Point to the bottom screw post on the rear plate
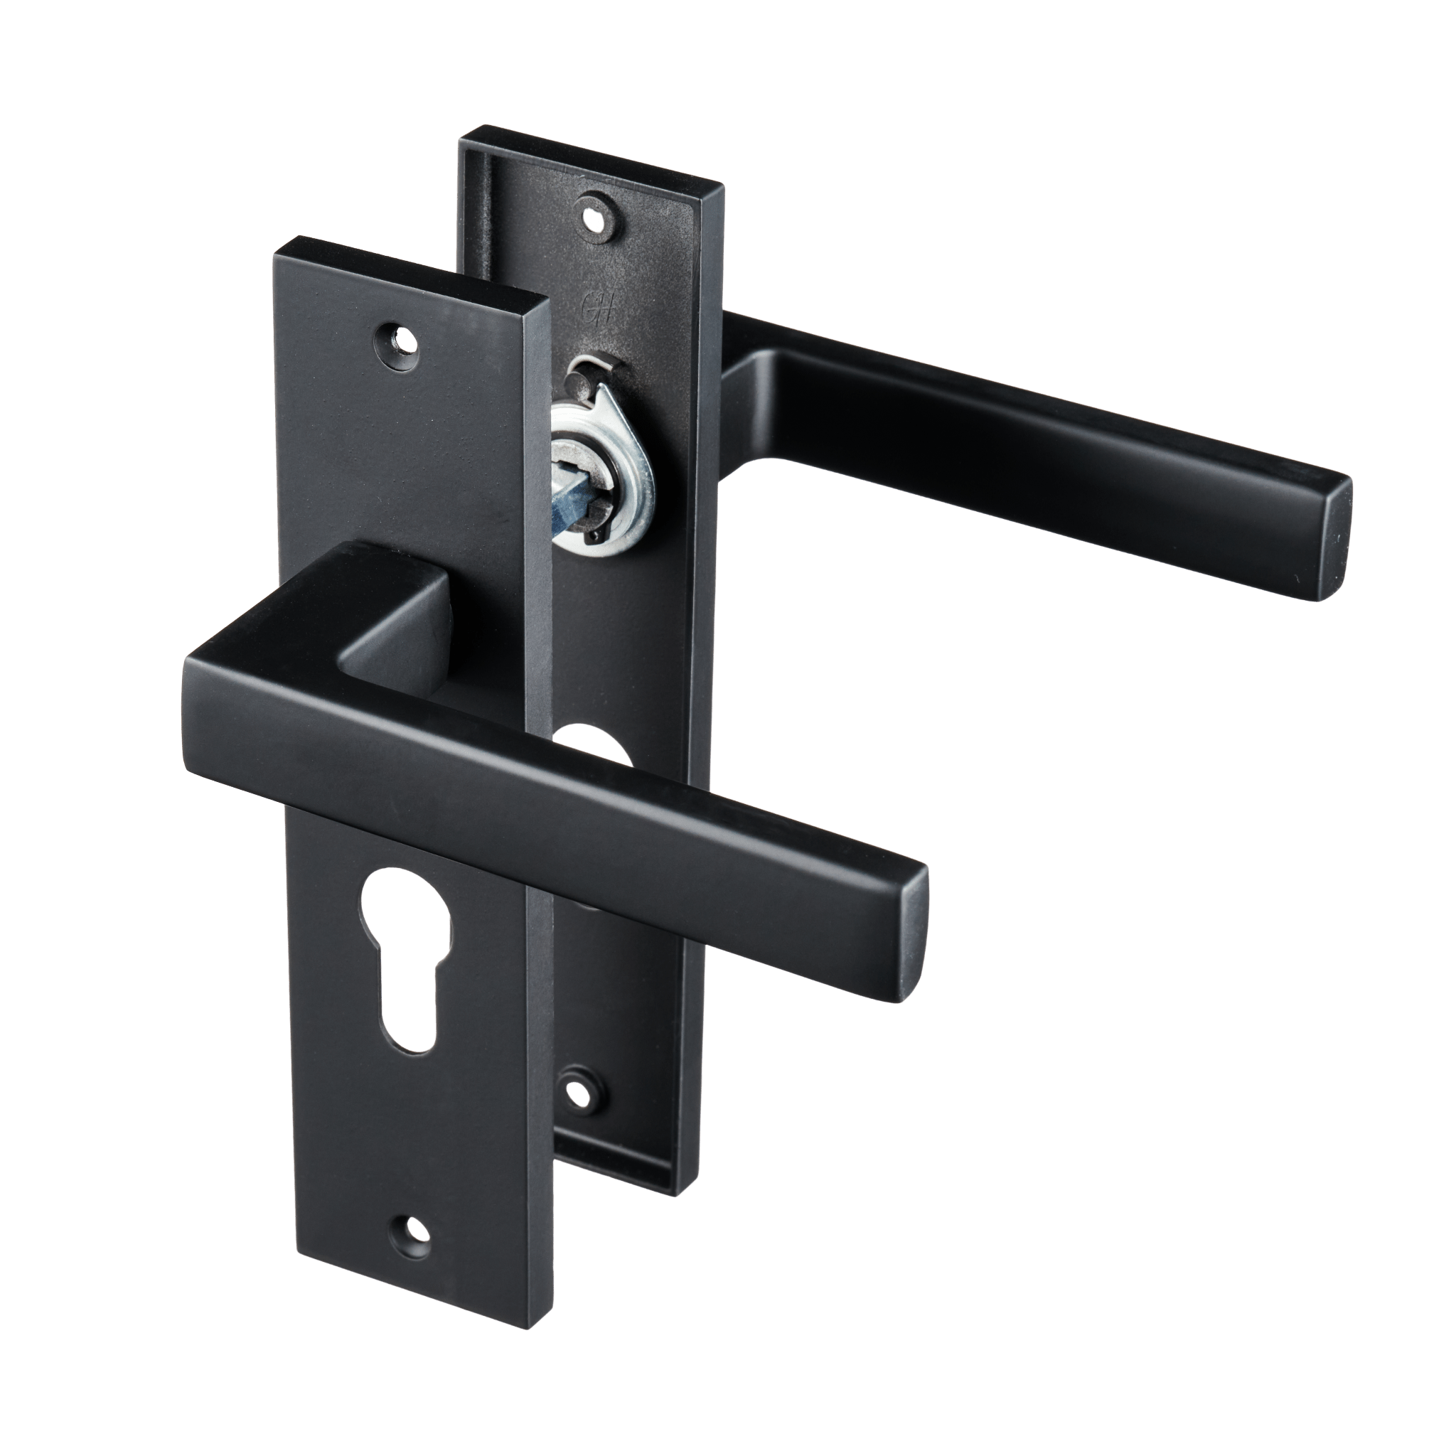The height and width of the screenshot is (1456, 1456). [x=579, y=1091]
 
